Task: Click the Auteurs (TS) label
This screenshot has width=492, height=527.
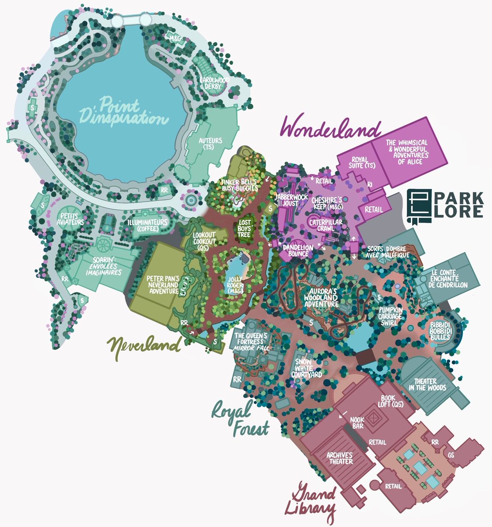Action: pos(211,144)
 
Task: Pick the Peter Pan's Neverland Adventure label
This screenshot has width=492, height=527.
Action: pos(163,285)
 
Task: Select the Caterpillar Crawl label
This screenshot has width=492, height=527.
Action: pos(325,225)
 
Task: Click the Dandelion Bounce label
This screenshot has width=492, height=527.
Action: pos(298,250)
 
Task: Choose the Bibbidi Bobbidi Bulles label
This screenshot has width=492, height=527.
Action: pos(440,331)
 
